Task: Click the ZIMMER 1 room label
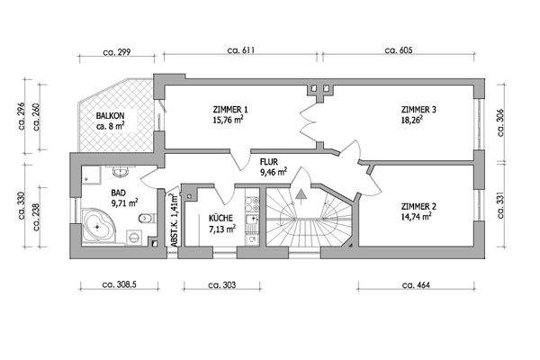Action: click(231, 109)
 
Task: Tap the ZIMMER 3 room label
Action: click(418, 109)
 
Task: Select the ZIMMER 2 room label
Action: click(418, 206)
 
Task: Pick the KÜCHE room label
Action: click(221, 218)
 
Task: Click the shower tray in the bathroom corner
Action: click(87, 175)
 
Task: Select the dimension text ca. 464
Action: click(418, 284)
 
